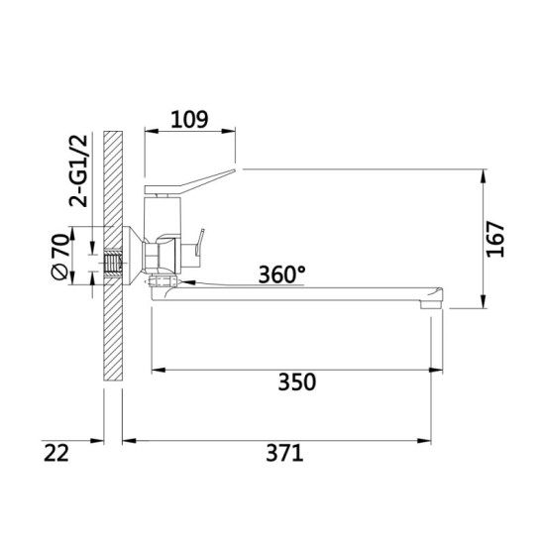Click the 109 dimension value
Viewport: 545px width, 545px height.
[188, 120]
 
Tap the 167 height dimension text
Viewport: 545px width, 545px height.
[497, 239]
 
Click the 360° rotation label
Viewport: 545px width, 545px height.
[281, 274]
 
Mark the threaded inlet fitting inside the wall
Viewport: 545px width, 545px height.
[112, 262]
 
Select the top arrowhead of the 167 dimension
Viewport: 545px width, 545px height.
[483, 175]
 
